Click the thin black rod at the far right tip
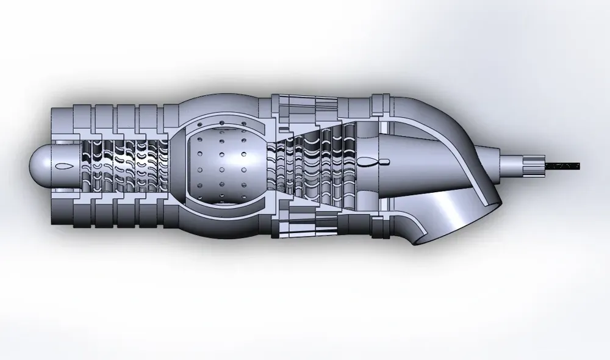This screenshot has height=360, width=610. coord(564,165)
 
